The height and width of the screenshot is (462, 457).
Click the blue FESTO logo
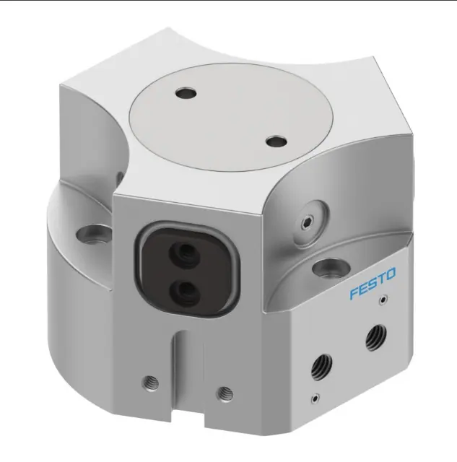point(373,284)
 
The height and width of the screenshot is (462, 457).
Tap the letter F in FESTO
point(354,294)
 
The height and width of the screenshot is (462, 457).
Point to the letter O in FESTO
point(391,274)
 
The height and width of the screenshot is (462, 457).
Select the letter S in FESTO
point(373,284)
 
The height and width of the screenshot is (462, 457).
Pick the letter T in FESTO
point(381,279)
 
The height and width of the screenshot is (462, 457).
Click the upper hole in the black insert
point(184,253)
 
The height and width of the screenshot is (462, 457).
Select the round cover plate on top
point(231,117)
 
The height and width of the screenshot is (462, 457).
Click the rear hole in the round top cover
point(186,94)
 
